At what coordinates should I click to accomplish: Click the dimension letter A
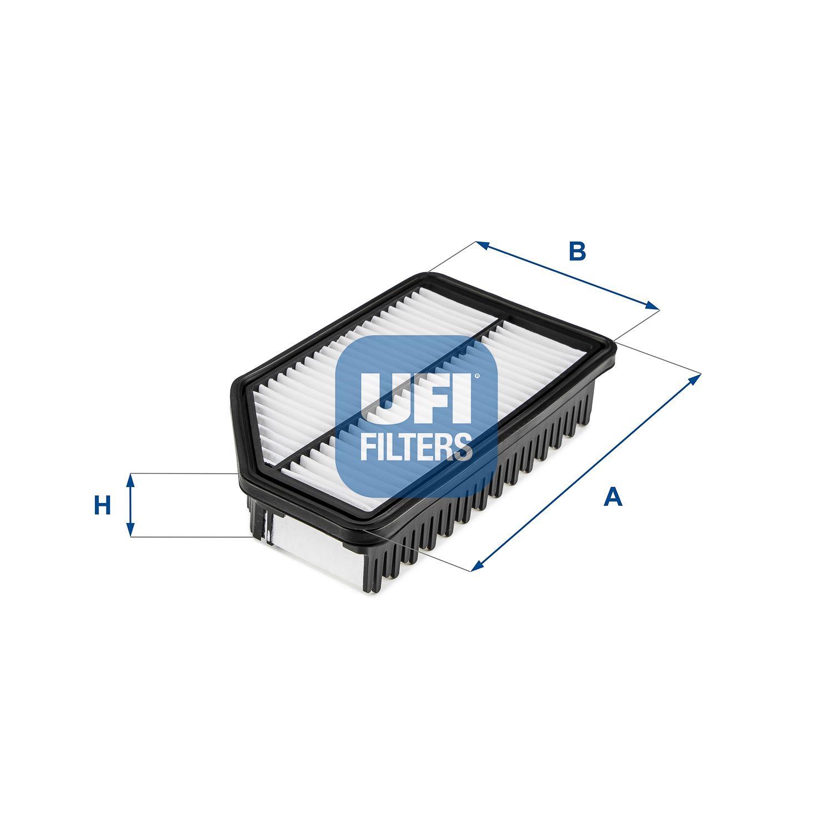[613, 496]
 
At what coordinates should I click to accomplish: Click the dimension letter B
[578, 252]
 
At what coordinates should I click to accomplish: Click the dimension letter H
[102, 506]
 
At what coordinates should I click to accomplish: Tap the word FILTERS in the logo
[416, 448]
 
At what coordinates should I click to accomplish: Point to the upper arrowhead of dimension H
[131, 478]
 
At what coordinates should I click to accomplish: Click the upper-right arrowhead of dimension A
[696, 378]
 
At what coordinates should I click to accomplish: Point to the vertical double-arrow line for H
[131, 505]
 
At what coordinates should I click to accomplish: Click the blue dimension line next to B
[566, 275]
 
